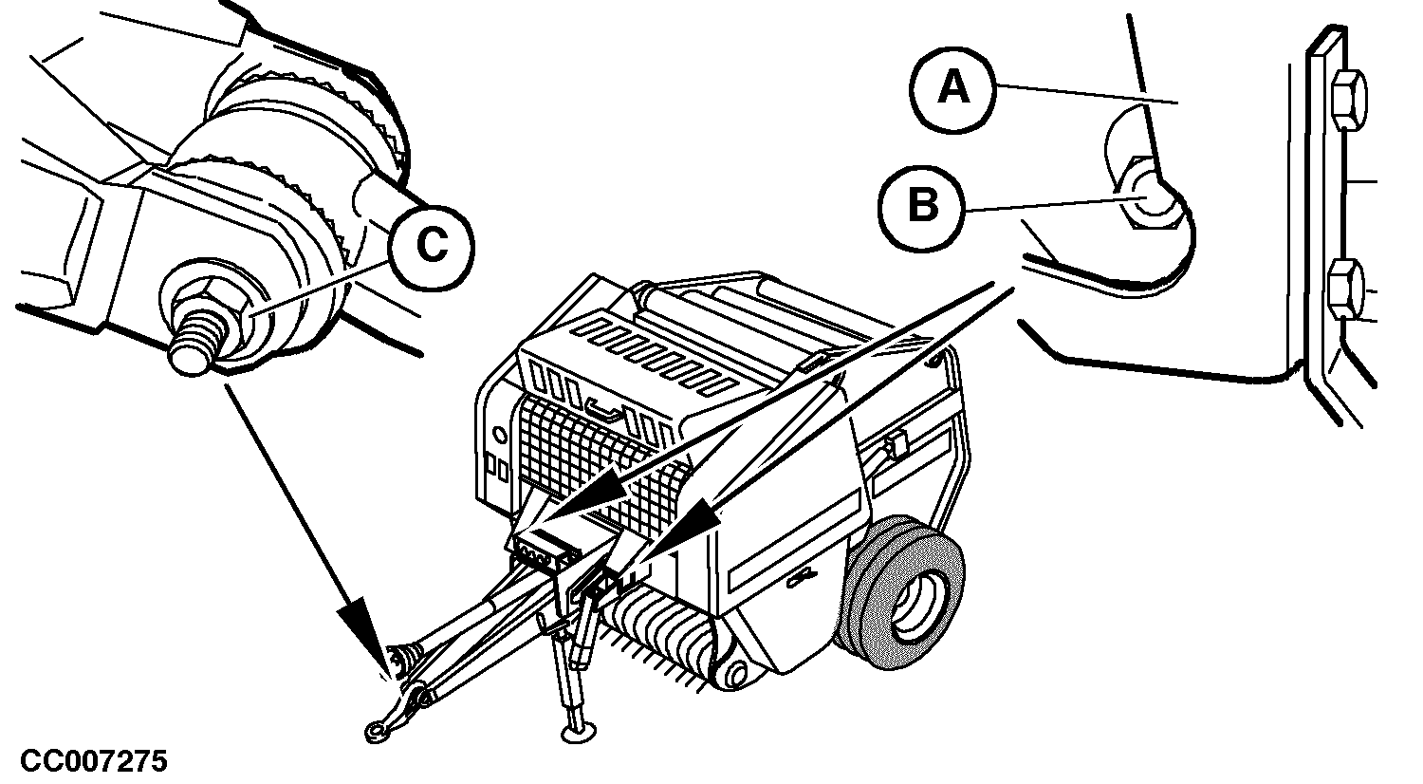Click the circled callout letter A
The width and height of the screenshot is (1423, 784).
pos(953,89)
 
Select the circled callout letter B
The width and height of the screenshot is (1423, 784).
pos(923,205)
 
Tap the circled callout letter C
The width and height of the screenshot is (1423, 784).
pos(432,247)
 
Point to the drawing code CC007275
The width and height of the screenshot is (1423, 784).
pos(94,761)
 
